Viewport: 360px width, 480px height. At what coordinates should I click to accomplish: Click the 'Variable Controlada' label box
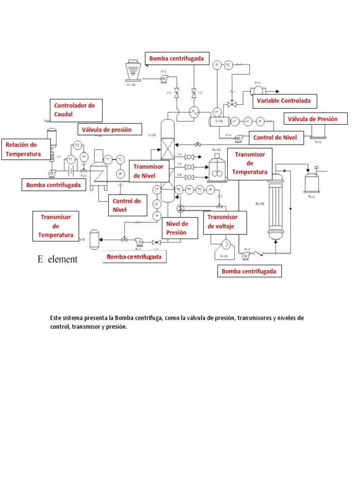click(284, 101)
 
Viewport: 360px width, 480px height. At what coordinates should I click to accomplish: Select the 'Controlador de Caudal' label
click(75, 110)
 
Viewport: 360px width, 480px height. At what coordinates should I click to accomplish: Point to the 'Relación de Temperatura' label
click(26, 150)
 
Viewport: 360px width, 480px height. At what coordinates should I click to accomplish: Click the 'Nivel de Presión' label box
click(178, 228)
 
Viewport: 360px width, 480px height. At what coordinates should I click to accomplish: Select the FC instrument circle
click(78, 145)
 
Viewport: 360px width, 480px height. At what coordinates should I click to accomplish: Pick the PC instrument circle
click(228, 65)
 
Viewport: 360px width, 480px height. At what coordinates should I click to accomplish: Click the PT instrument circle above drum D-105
click(217, 112)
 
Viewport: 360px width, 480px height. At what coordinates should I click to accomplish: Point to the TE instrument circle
click(179, 189)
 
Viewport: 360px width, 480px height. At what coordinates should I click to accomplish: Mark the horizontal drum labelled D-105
click(219, 121)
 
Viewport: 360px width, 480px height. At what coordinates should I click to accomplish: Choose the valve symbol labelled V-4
click(190, 157)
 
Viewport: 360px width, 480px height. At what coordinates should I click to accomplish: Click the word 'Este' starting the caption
click(55, 318)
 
